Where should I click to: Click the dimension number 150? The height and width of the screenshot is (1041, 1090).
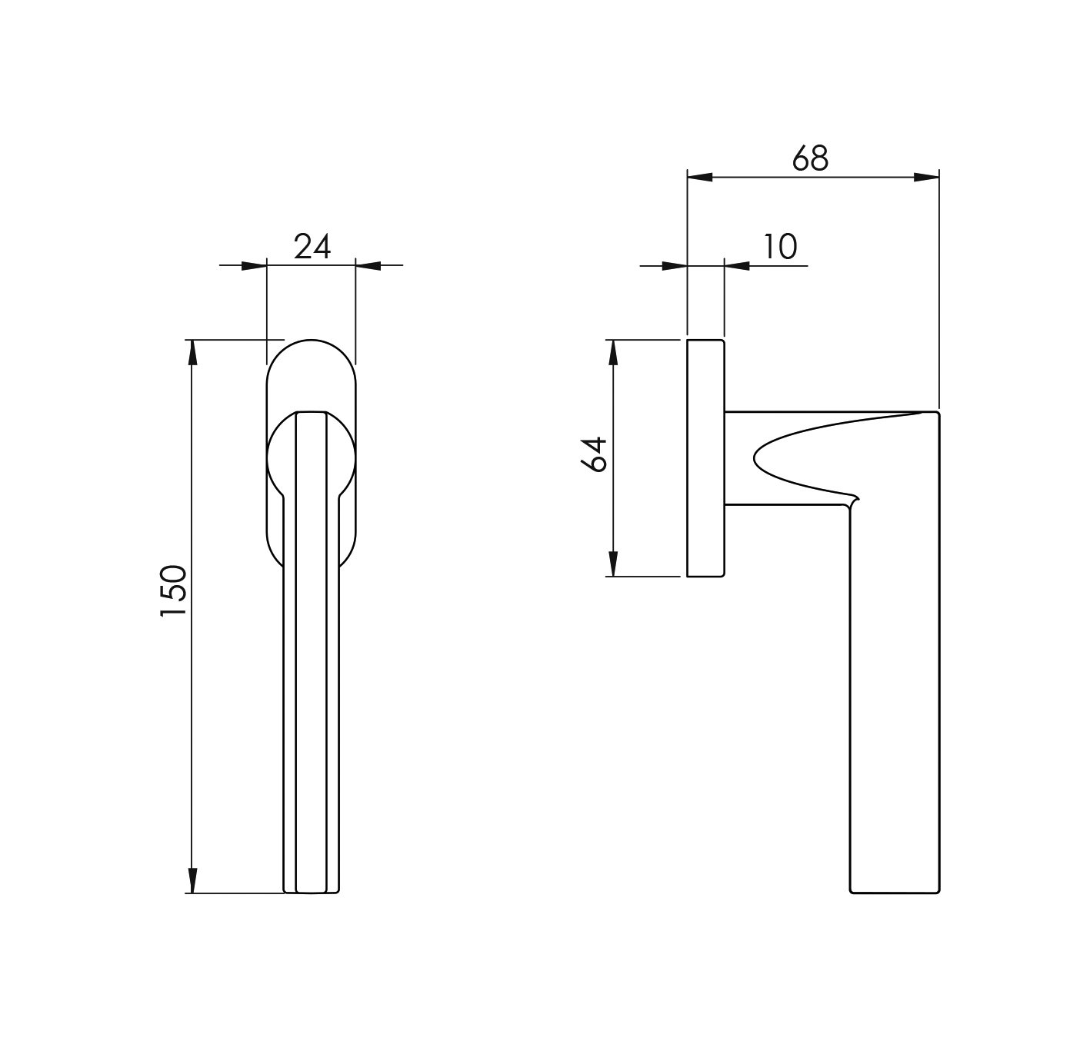tap(173, 591)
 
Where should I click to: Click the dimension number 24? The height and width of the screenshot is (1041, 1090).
tap(312, 246)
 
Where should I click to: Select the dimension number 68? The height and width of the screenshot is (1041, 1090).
tap(810, 158)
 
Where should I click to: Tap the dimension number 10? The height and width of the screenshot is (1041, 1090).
tap(780, 246)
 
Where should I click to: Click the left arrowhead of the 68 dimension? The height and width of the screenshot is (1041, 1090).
tap(699, 178)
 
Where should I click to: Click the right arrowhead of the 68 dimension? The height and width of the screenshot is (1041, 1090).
tap(926, 178)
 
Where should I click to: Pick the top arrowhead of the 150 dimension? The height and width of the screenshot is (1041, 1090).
tap(192, 352)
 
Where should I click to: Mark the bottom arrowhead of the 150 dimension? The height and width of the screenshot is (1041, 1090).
tap(192, 880)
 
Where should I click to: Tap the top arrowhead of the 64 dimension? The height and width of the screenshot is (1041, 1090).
tap(613, 353)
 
